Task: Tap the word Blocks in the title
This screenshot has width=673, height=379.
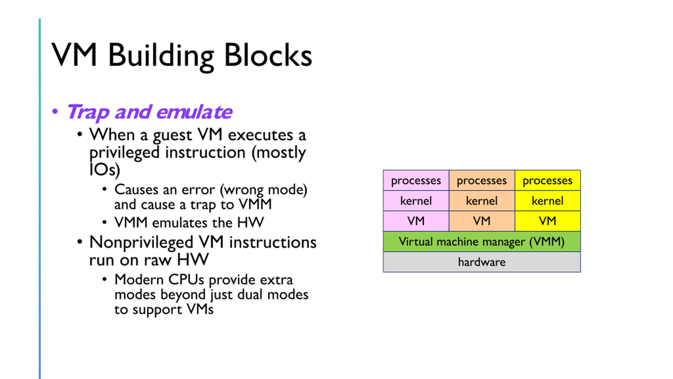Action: point(268,55)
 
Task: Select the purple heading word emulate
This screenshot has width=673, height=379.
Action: point(194,112)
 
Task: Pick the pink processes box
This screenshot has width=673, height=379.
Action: point(416,181)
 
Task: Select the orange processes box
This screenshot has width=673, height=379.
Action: point(482,181)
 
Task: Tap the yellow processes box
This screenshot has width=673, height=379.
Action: point(548,181)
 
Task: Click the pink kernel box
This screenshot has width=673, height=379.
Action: point(416,201)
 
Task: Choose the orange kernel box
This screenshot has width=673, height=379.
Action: point(482,201)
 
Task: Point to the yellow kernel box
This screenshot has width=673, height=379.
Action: point(548,201)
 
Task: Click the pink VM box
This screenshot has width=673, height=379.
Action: point(416,221)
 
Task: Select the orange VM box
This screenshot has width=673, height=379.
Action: point(482,221)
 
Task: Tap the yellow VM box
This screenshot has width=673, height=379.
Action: point(548,221)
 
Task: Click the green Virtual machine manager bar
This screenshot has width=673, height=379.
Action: point(482,242)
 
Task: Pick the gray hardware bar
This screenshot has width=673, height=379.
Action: point(482,262)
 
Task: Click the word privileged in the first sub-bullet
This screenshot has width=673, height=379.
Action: point(124,153)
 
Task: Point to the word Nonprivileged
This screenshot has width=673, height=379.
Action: point(141,243)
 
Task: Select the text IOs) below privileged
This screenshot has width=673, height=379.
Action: point(105,169)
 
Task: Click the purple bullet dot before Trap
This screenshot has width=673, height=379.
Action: point(55,111)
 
